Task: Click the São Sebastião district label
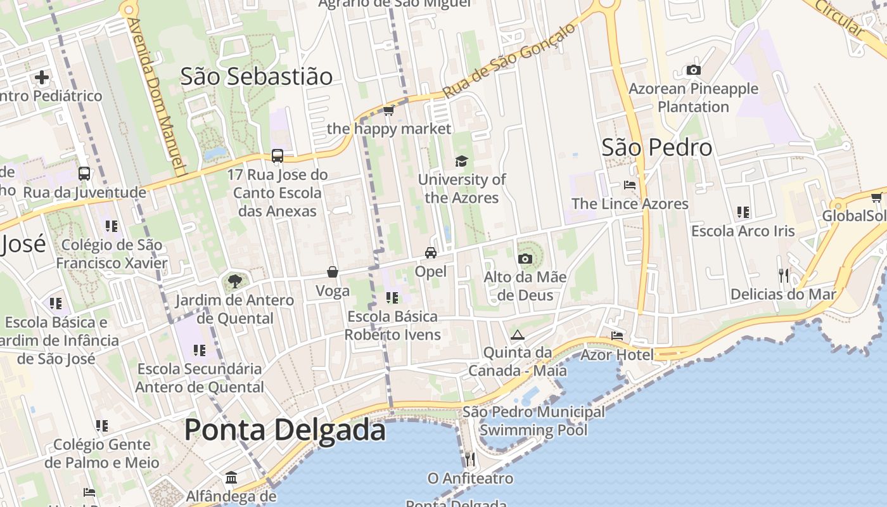256,76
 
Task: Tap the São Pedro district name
656,147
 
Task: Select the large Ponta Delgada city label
284,430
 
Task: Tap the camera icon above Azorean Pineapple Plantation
693,70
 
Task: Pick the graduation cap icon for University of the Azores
461,161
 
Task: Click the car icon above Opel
431,253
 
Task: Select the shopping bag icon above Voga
333,273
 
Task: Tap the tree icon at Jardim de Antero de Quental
235,281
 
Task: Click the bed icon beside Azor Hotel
617,335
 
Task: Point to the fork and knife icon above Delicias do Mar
784,275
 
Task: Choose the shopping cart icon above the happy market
389,111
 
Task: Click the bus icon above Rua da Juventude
84,173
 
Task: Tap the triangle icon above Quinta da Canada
517,335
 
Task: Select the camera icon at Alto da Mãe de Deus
525,259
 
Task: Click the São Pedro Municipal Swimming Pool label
533,421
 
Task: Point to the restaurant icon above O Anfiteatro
469,459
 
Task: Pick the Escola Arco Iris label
743,231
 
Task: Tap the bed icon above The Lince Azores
630,185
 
